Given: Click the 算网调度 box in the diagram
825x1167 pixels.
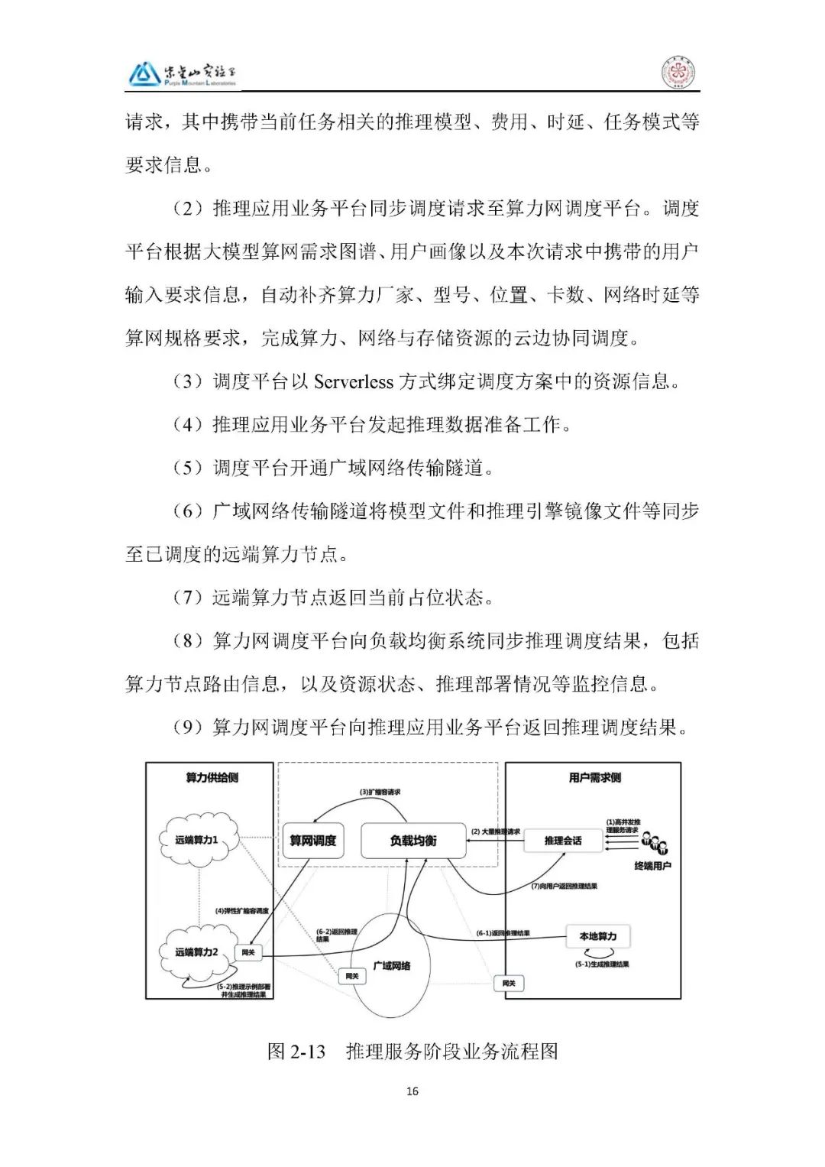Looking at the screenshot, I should [313, 841].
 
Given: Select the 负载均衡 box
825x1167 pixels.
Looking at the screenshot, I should [413, 841].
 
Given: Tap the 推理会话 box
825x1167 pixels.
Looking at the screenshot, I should [563, 841].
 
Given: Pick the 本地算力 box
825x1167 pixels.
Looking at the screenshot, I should [597, 936].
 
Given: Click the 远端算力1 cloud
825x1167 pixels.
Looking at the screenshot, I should [197, 840].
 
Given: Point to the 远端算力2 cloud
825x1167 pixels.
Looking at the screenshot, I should [196, 952].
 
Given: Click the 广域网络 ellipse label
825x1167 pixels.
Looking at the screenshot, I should [392, 965].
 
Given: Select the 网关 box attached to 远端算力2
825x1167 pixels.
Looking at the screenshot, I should [248, 952].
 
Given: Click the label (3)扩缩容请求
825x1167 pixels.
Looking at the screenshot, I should [381, 792].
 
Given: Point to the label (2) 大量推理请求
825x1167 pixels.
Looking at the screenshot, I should [495, 831].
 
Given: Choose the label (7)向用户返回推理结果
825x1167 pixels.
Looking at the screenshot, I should [564, 887].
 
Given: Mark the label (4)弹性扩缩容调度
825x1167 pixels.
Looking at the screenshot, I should [242, 911].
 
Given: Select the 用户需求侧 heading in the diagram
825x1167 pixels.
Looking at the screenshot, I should [594, 777].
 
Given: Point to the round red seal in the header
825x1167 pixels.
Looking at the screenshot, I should [675, 74].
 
